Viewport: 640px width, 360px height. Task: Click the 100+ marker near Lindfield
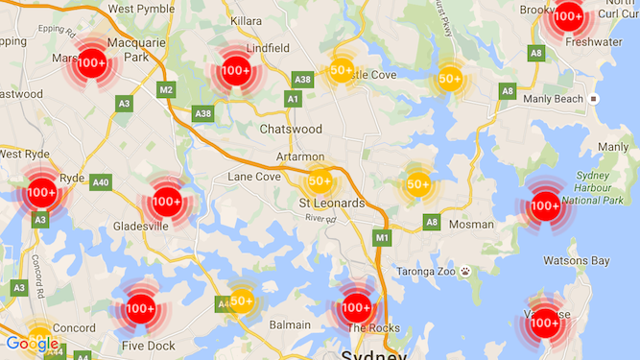pos(235,71)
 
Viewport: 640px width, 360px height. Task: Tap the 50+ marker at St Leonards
pos(320,180)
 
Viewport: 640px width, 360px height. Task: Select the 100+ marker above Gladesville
pos(166,202)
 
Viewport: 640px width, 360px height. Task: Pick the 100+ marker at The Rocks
pos(356,308)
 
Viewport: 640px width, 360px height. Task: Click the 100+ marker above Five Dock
pos(140,308)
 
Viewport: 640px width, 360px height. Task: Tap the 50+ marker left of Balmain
pos(241,300)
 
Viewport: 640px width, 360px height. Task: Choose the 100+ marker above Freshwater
pos(568,15)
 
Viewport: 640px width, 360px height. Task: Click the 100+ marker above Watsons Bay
pos(545,205)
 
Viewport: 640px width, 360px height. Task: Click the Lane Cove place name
pos(254,177)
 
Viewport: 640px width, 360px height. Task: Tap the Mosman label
pos(472,224)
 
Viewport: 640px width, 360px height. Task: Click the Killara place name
pos(246,19)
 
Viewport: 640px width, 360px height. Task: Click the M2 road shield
pos(167,90)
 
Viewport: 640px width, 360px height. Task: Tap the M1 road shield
pos(383,237)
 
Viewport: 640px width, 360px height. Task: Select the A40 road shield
pos(101,182)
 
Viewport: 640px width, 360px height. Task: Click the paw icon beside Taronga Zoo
pos(464,272)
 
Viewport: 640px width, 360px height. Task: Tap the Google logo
pos(32,344)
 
